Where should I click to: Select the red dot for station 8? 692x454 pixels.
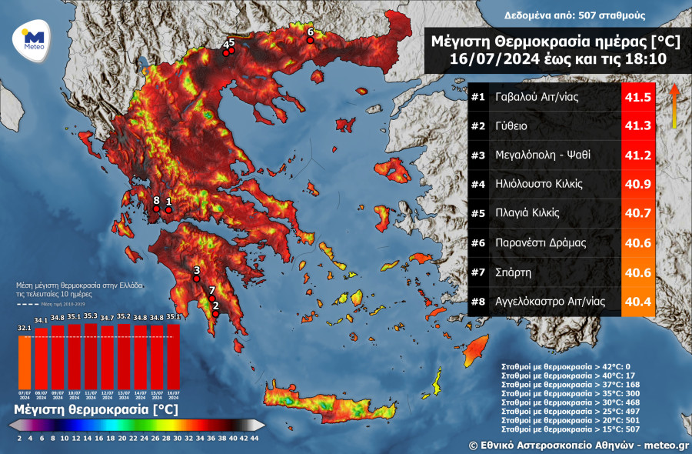coord(156,208)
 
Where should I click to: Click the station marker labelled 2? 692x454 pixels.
coord(217,313)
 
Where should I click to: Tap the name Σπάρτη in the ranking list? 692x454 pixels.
coord(513,272)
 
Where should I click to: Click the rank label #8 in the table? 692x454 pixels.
coord(478,302)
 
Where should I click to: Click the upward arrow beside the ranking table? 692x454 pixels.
coord(673,105)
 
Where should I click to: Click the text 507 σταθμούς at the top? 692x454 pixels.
coord(607,15)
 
